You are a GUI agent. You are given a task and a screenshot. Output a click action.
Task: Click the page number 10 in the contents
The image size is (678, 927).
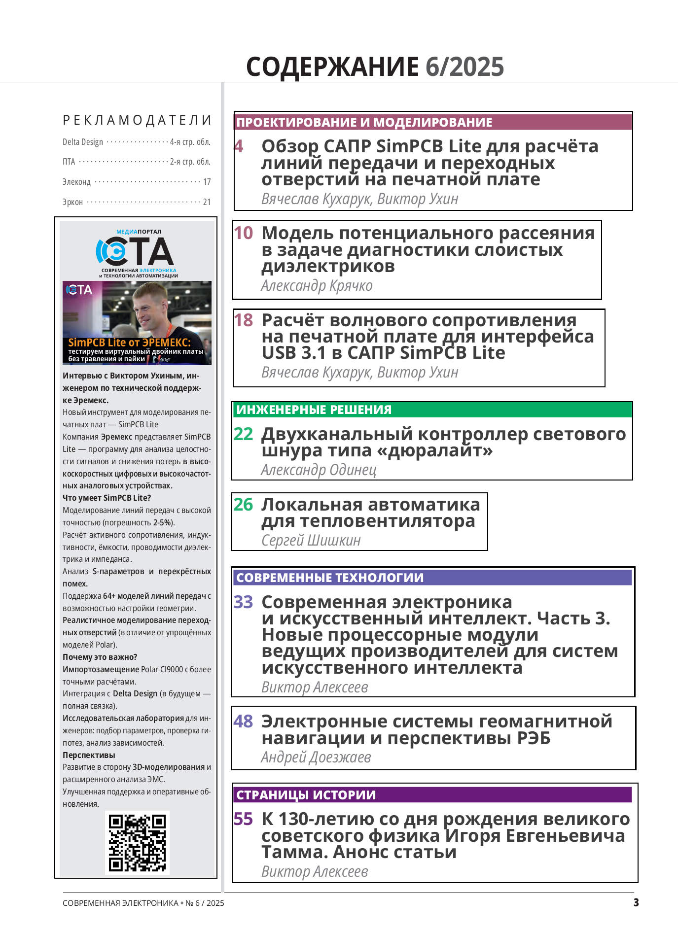click(243, 233)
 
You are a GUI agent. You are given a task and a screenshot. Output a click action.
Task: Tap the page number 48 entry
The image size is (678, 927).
click(243, 721)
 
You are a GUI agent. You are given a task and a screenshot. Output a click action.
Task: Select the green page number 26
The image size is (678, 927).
click(243, 505)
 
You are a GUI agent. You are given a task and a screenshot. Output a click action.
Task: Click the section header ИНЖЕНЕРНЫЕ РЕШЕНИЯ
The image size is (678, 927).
click(314, 410)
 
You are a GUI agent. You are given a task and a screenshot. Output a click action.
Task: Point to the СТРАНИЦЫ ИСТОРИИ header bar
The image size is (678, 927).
click(306, 795)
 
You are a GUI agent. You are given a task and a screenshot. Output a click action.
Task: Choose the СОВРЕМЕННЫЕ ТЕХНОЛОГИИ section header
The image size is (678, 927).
click(329, 578)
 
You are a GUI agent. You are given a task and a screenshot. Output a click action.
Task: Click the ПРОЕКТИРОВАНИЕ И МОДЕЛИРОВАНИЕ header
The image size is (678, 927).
click(364, 122)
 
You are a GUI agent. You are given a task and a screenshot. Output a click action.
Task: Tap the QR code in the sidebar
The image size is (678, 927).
click(138, 843)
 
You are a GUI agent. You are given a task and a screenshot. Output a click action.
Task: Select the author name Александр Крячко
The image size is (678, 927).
click(317, 286)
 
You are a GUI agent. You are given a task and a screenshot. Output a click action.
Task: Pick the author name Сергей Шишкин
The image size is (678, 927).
click(311, 541)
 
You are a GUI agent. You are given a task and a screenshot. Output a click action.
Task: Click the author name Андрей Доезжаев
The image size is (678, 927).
click(316, 757)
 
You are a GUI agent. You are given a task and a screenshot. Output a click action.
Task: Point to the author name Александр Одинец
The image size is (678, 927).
click(319, 470)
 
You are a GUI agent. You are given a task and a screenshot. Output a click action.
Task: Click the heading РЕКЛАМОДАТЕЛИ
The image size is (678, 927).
click(137, 120)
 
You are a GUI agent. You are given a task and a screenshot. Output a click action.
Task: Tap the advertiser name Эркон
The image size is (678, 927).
click(72, 202)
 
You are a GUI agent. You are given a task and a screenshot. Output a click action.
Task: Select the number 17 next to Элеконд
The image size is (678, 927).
click(207, 182)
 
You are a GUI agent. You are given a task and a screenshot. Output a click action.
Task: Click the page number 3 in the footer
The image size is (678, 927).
click(636, 902)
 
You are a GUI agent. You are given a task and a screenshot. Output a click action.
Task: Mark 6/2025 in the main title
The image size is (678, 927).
click(464, 67)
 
